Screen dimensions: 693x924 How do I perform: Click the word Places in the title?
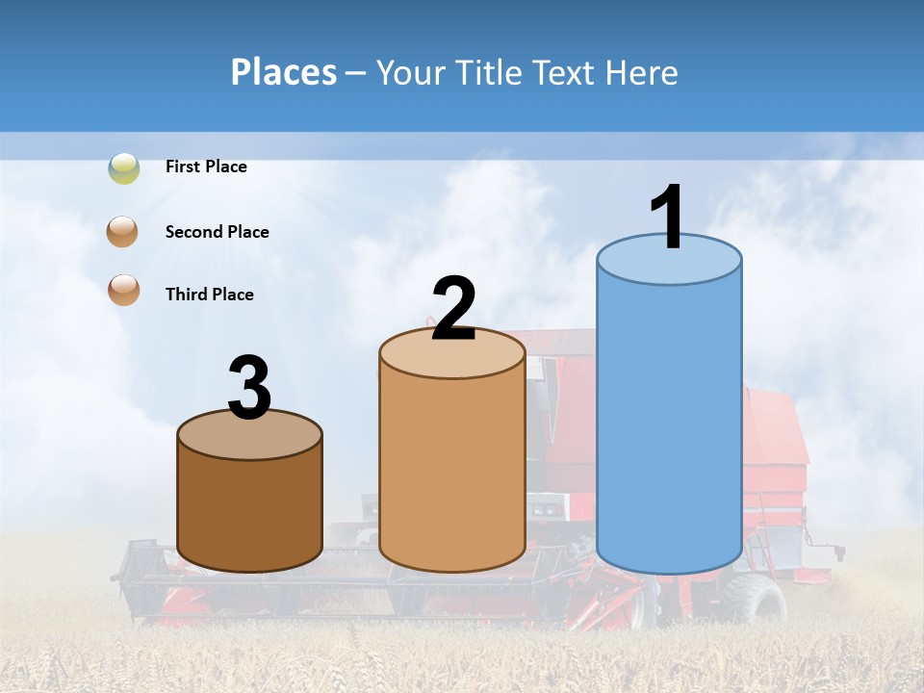coord(283,72)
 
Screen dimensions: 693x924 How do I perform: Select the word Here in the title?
coord(641,72)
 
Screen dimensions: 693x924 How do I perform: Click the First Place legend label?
coord(206,167)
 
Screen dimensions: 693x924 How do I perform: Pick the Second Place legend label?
coord(217,232)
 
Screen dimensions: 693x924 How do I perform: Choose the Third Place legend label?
coord(209,295)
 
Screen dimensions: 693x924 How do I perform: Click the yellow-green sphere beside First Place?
coord(123,168)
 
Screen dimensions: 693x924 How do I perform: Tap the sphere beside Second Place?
coord(123,232)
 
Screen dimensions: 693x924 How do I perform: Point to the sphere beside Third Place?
coord(123,290)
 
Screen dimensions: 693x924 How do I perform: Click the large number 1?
coord(666,218)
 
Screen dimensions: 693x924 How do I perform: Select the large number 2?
coord(453,309)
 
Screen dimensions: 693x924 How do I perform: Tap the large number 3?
coord(250,389)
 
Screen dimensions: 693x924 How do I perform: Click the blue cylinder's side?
coord(669,423)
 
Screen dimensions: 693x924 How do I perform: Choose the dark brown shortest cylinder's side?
coord(250,510)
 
